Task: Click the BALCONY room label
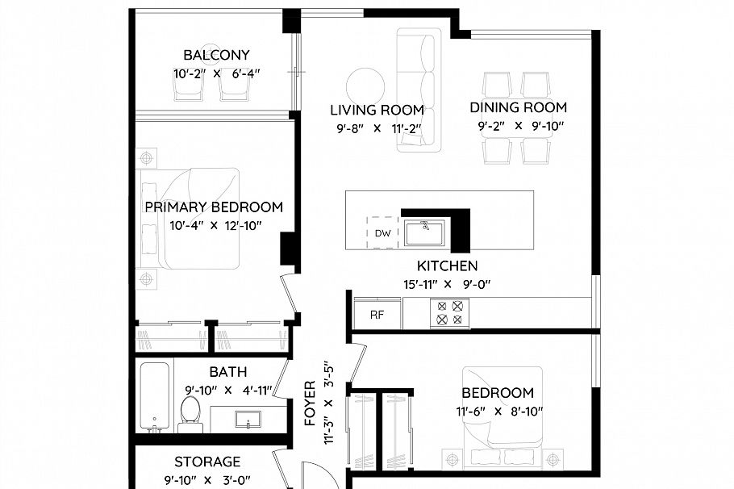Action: tap(216, 56)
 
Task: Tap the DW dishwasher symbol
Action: tap(382, 233)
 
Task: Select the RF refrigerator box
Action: tap(377, 315)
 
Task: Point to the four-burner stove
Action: tap(449, 312)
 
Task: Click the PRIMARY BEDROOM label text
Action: tap(214, 207)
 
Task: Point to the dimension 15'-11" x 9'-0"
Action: tap(446, 284)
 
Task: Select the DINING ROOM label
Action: tap(522, 107)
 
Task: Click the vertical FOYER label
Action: tap(310, 404)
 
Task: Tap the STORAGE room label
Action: tap(207, 462)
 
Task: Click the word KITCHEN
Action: tap(447, 265)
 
